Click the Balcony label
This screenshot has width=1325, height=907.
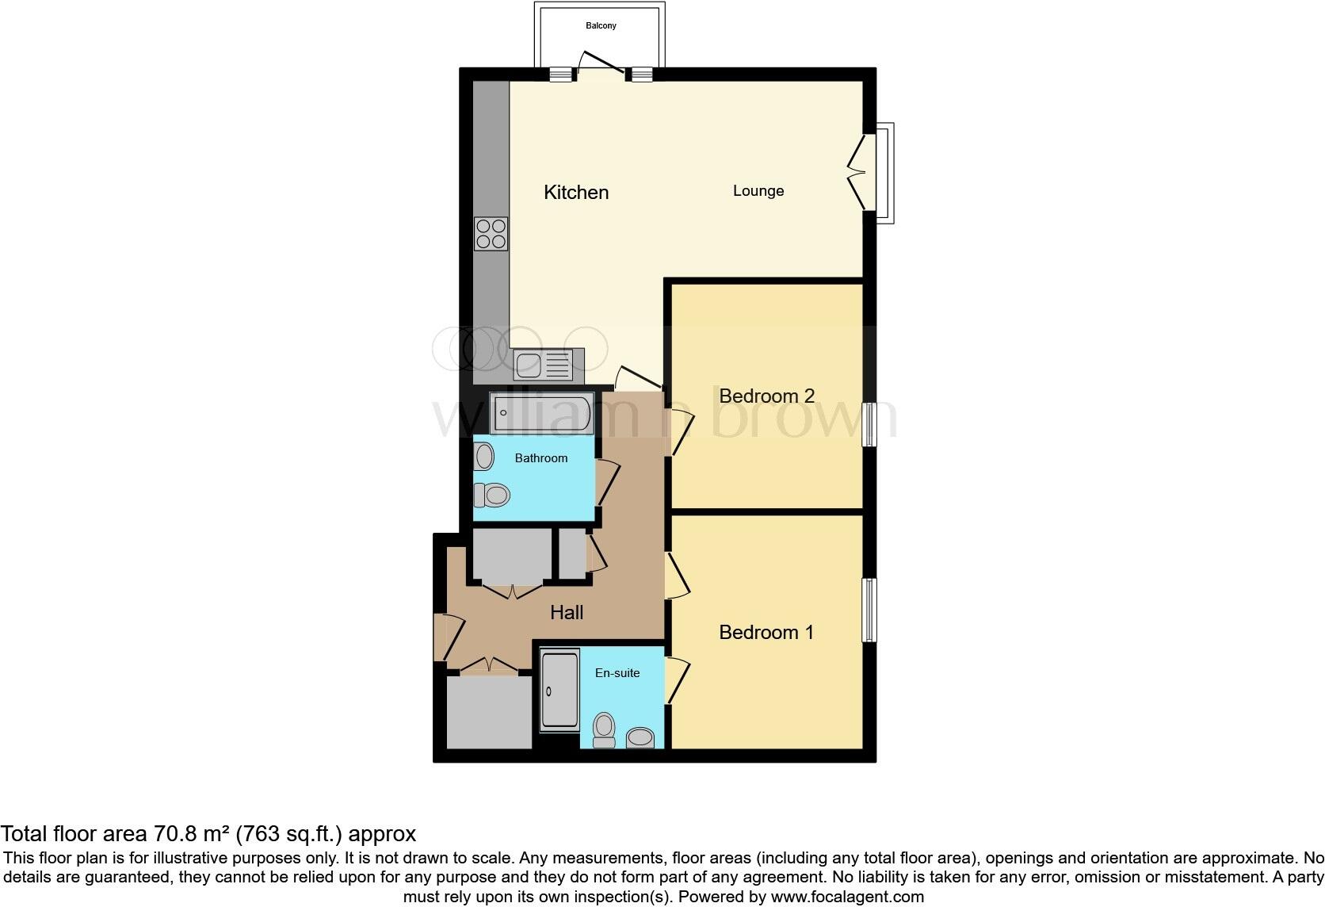pos(601,26)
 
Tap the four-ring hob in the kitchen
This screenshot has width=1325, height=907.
pos(491,235)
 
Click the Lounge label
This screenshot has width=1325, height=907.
pos(758,191)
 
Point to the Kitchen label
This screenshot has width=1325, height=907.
pos(576,193)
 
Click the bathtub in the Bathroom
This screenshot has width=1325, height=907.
pos(540,414)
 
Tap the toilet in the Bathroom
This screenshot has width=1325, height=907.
pos(491,496)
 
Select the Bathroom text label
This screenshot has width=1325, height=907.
pos(541,458)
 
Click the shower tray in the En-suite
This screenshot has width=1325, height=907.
pos(559,690)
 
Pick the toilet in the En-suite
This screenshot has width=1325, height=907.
pos(604,729)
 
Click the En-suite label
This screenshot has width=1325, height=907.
pos(617,673)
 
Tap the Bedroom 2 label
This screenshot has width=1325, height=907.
pos(766,396)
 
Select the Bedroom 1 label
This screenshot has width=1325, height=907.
pos(766,633)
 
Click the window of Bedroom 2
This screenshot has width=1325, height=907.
pos(869,425)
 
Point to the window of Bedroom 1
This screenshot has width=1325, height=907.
pos(869,610)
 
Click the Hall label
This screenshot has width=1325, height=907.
pos(567,613)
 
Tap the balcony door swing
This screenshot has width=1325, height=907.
pos(600,63)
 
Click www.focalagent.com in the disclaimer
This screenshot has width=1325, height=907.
pos(847,897)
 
